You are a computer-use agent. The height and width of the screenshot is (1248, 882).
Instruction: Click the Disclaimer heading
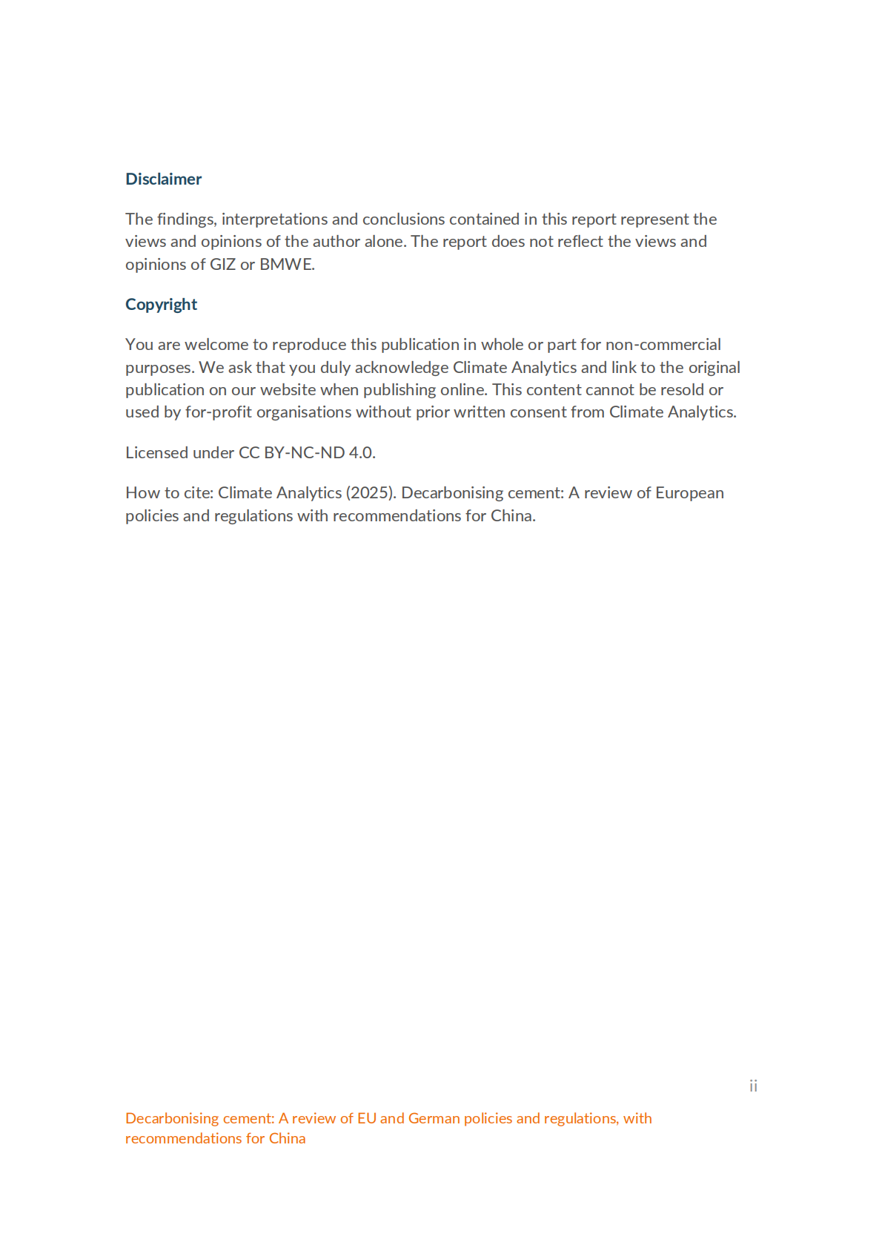pos(163,179)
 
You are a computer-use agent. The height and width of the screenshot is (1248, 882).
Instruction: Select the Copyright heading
pos(161,304)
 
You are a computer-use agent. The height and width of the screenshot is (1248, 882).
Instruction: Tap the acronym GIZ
pos(222,264)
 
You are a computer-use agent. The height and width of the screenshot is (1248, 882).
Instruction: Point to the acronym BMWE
pos(287,264)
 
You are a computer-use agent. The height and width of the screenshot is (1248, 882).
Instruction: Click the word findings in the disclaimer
pos(185,219)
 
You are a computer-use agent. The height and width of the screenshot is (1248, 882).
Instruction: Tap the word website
pos(288,389)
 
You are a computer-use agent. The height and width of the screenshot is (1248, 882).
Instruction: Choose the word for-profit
pos(219,412)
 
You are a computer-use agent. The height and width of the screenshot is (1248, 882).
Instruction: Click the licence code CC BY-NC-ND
pos(291,452)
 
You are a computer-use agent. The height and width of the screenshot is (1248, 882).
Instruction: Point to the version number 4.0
pos(362,452)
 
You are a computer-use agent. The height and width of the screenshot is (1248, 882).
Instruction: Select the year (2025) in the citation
pos(371,492)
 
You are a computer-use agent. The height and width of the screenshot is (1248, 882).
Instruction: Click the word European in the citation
pos(689,492)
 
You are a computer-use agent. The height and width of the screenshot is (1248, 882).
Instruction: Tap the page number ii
pos(753,1086)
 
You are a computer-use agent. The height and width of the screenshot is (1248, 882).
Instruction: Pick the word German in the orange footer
pos(434,1118)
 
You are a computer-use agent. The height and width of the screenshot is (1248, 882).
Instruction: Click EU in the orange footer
pos(366,1118)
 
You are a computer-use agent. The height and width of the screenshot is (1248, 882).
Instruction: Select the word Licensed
pos(156,452)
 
